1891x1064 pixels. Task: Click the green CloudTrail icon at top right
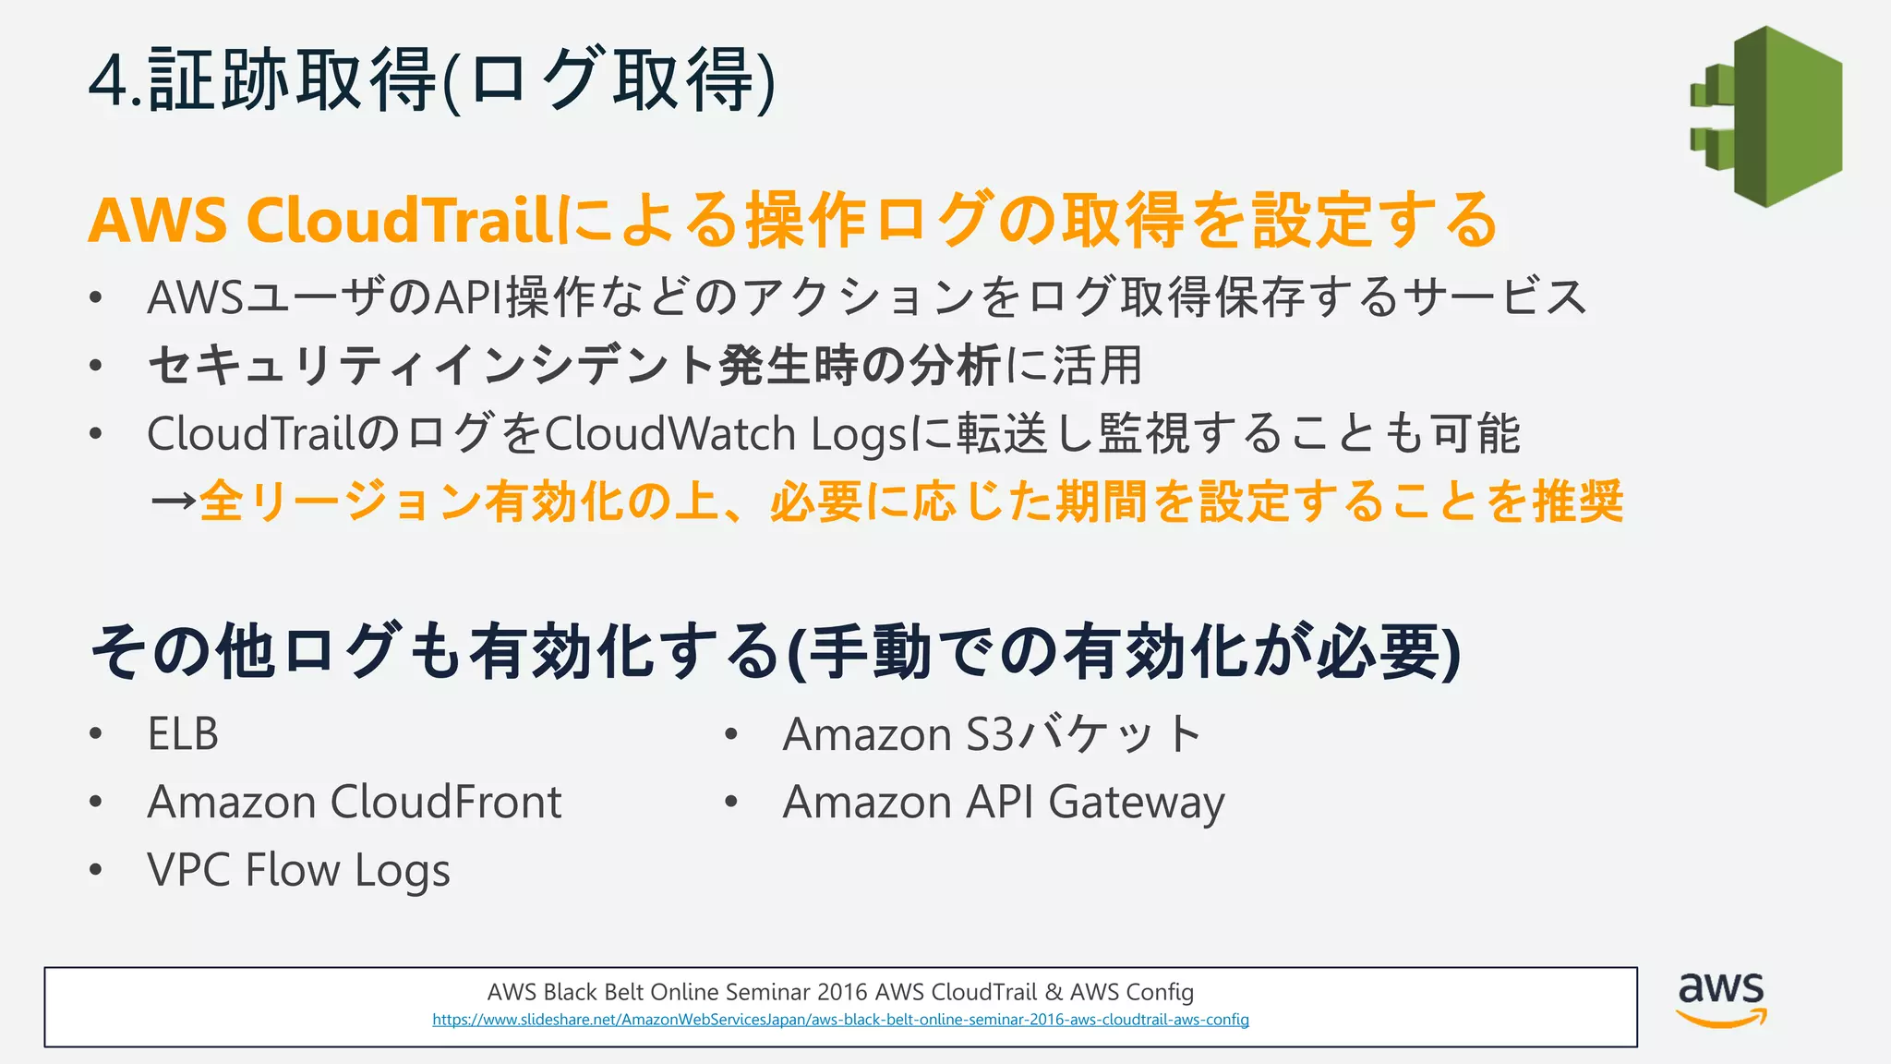pyautogui.click(x=1766, y=116)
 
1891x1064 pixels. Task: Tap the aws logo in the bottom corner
pyautogui.click(x=1721, y=998)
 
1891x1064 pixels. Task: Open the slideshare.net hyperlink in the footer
pyautogui.click(x=840, y=1020)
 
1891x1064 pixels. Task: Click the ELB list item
pyautogui.click(x=183, y=735)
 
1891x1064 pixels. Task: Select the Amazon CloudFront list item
pyautogui.click(x=355, y=802)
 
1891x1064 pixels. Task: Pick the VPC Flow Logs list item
pyautogui.click(x=298, y=870)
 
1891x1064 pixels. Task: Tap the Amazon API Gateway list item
pyautogui.click(x=1004, y=802)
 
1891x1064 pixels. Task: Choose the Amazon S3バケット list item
pyautogui.click(x=992, y=735)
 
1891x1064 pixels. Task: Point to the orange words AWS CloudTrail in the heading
pyautogui.click(x=319, y=221)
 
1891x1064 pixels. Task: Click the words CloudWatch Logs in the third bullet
pyautogui.click(x=728, y=434)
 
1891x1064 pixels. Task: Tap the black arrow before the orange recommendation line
pyautogui.click(x=173, y=502)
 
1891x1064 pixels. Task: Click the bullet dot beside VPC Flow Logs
pyautogui.click(x=96, y=870)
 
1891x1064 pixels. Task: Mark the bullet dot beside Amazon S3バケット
pyautogui.click(x=731, y=735)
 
